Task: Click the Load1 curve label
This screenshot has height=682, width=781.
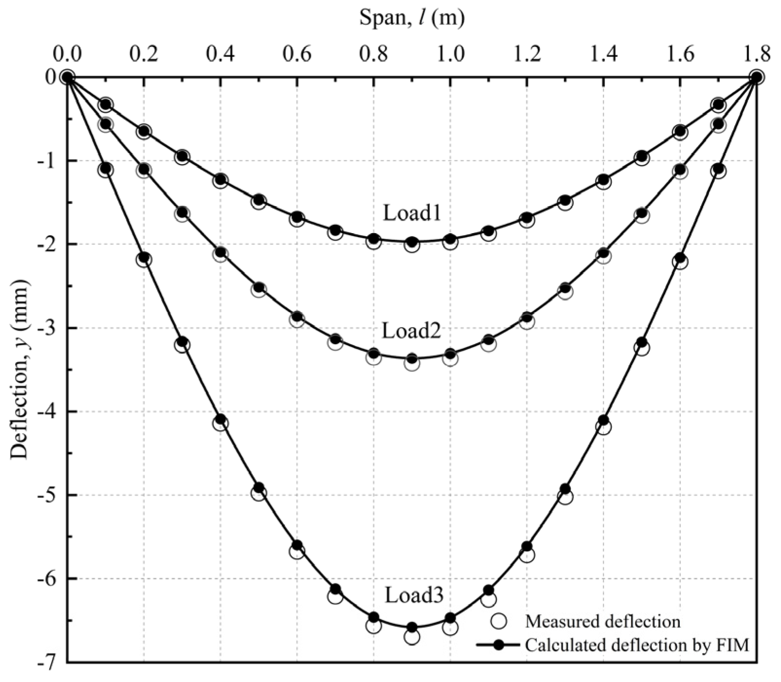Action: [412, 213]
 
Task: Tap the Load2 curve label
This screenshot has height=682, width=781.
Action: [411, 331]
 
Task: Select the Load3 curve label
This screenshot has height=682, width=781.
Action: [414, 595]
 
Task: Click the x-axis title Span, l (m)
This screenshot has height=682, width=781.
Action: [411, 18]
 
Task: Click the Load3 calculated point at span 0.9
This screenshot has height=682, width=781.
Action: [412, 627]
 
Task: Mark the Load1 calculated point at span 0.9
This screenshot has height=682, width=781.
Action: [412, 242]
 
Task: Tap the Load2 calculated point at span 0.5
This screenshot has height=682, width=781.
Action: [259, 287]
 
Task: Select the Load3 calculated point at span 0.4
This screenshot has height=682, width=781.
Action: [220, 419]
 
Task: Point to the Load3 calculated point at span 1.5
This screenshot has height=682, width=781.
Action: [642, 342]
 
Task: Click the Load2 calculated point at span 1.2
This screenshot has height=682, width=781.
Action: [527, 317]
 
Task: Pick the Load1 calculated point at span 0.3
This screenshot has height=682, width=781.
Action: [182, 156]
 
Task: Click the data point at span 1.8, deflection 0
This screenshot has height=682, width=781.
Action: [756, 77]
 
